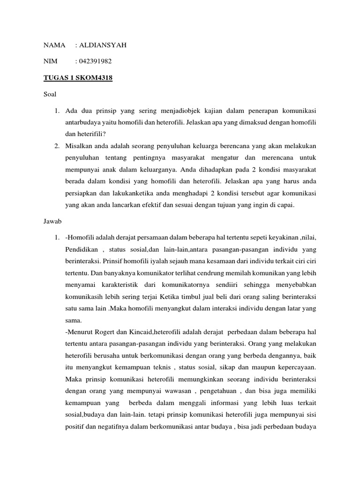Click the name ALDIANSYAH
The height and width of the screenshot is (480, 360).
point(103,45)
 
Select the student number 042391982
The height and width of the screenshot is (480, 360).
point(96,61)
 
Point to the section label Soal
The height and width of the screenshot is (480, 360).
point(50,94)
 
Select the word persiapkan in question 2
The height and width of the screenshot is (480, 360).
point(82,192)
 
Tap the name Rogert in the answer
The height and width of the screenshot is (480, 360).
point(108,334)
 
